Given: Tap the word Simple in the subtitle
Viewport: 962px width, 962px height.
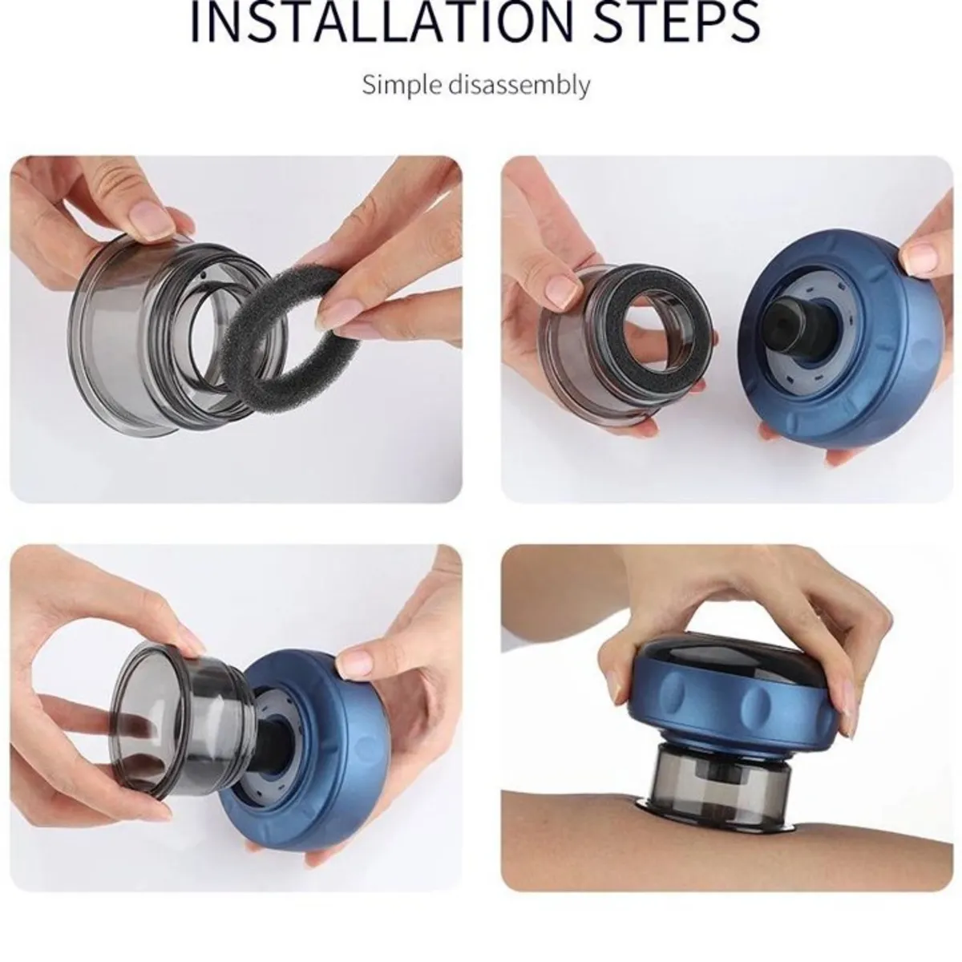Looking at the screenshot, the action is (402, 85).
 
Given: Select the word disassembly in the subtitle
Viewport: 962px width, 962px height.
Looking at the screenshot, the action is (519, 85).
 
